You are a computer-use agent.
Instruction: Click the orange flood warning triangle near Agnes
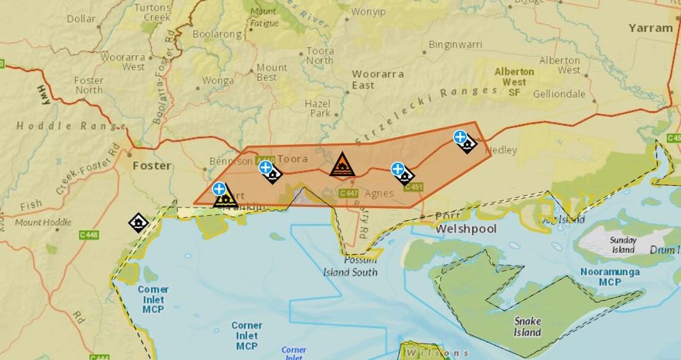click(x=342, y=165)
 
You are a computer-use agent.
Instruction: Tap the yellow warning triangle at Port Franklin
click(x=225, y=198)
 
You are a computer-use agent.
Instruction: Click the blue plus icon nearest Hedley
click(x=460, y=137)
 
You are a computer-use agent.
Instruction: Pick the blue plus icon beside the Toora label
click(x=266, y=167)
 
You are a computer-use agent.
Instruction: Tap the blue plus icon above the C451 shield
click(x=398, y=169)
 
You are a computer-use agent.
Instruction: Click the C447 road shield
click(x=349, y=194)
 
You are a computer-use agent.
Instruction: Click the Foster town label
click(x=152, y=165)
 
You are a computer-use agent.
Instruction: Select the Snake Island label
click(x=528, y=327)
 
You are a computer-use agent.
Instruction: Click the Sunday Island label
click(x=623, y=245)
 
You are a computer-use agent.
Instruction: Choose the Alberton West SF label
click(x=515, y=82)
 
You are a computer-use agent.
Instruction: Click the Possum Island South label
click(x=350, y=267)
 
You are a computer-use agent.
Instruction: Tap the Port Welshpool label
click(x=466, y=222)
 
